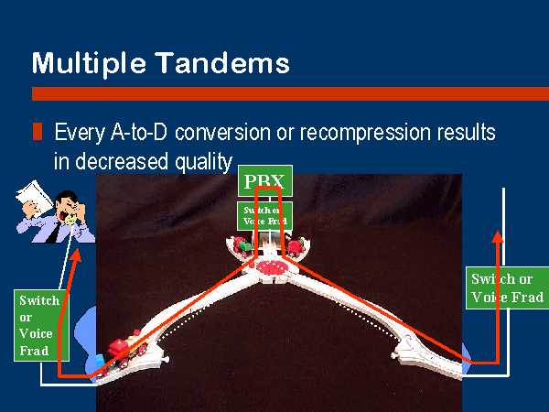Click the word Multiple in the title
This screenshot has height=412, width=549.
(89, 63)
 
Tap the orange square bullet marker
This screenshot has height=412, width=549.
(38, 131)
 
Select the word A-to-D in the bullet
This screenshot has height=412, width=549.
(139, 133)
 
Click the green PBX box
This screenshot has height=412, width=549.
(265, 180)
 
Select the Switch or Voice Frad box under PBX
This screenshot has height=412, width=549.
(265, 215)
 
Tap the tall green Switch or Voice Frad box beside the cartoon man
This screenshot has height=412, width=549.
(41, 325)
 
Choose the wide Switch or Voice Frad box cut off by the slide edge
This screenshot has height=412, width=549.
(507, 287)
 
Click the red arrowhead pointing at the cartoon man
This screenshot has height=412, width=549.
(76, 255)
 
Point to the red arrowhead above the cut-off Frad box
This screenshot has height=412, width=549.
(498, 236)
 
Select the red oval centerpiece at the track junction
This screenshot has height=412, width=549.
(272, 268)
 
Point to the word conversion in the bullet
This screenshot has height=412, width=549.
(222, 133)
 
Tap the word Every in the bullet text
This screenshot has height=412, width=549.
(80, 134)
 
